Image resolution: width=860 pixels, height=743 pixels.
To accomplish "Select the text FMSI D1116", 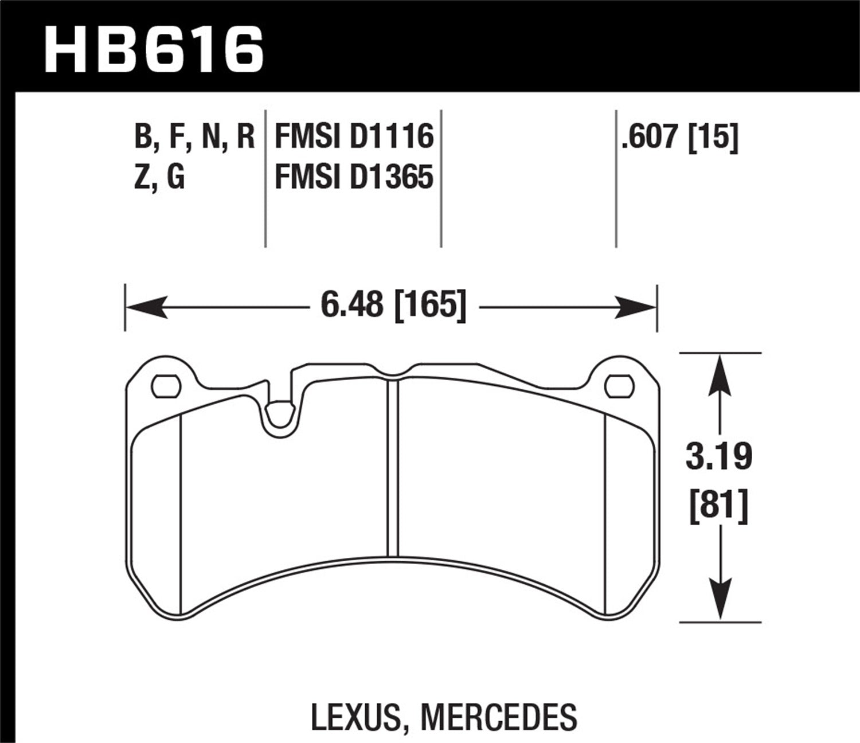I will (x=354, y=138).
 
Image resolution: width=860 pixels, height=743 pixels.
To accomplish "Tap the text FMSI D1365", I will (x=354, y=177).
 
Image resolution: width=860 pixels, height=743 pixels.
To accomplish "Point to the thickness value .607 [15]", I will (x=679, y=138).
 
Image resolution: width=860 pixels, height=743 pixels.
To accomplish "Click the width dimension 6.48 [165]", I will (x=392, y=305).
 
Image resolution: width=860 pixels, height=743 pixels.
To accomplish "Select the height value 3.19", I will (x=718, y=457).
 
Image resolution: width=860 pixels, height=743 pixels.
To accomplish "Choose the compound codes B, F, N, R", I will (x=194, y=138).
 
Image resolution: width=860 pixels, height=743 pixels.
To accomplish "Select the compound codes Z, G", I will (x=159, y=177).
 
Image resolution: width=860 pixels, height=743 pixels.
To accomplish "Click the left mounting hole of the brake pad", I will (x=166, y=386).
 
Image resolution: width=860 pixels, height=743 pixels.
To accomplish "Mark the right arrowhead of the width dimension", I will (x=637, y=307).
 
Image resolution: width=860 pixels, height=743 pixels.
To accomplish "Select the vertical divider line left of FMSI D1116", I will (x=265, y=178).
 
